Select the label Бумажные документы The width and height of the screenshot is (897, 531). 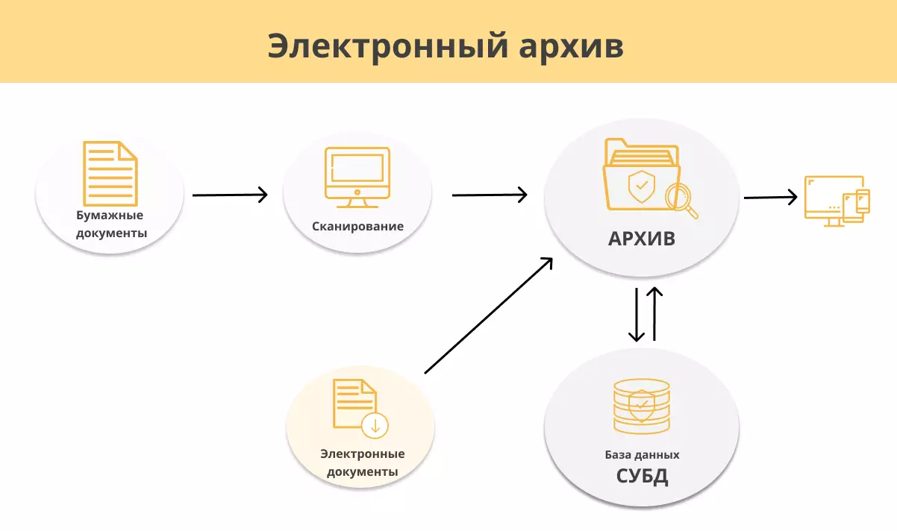click(x=110, y=224)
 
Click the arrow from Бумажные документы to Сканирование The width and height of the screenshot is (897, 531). click(x=229, y=195)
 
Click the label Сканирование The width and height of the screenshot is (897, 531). click(x=357, y=226)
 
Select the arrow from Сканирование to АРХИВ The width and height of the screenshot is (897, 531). click(x=489, y=195)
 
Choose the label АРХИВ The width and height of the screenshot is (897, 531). click(x=642, y=239)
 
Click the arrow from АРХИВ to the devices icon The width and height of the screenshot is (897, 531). click(x=770, y=197)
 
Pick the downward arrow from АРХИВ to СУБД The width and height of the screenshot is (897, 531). click(x=636, y=314)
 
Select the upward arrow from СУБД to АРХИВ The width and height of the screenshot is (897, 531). click(x=654, y=314)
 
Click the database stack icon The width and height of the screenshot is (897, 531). click(x=641, y=406)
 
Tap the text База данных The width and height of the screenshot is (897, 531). click(x=642, y=454)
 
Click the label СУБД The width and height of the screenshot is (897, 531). click(x=642, y=476)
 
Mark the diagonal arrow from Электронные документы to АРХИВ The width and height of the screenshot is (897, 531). click(x=489, y=315)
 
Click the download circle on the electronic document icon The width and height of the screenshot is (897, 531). click(x=375, y=426)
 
